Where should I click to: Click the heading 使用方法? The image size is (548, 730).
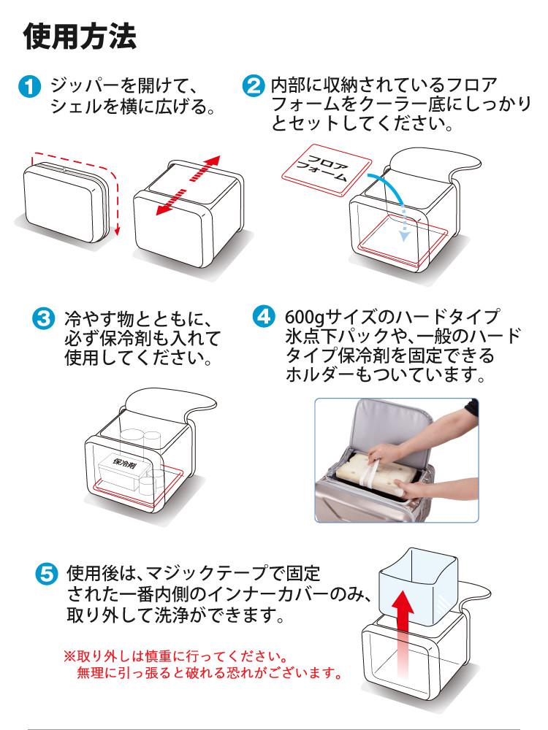(80, 36)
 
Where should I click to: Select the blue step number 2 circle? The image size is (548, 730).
(252, 88)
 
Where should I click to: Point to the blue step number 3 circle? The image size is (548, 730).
(45, 320)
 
